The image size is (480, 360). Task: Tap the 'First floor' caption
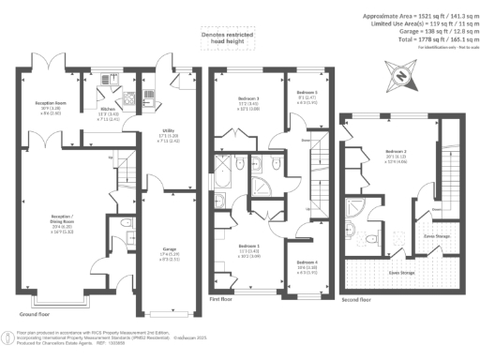point(220,299)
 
